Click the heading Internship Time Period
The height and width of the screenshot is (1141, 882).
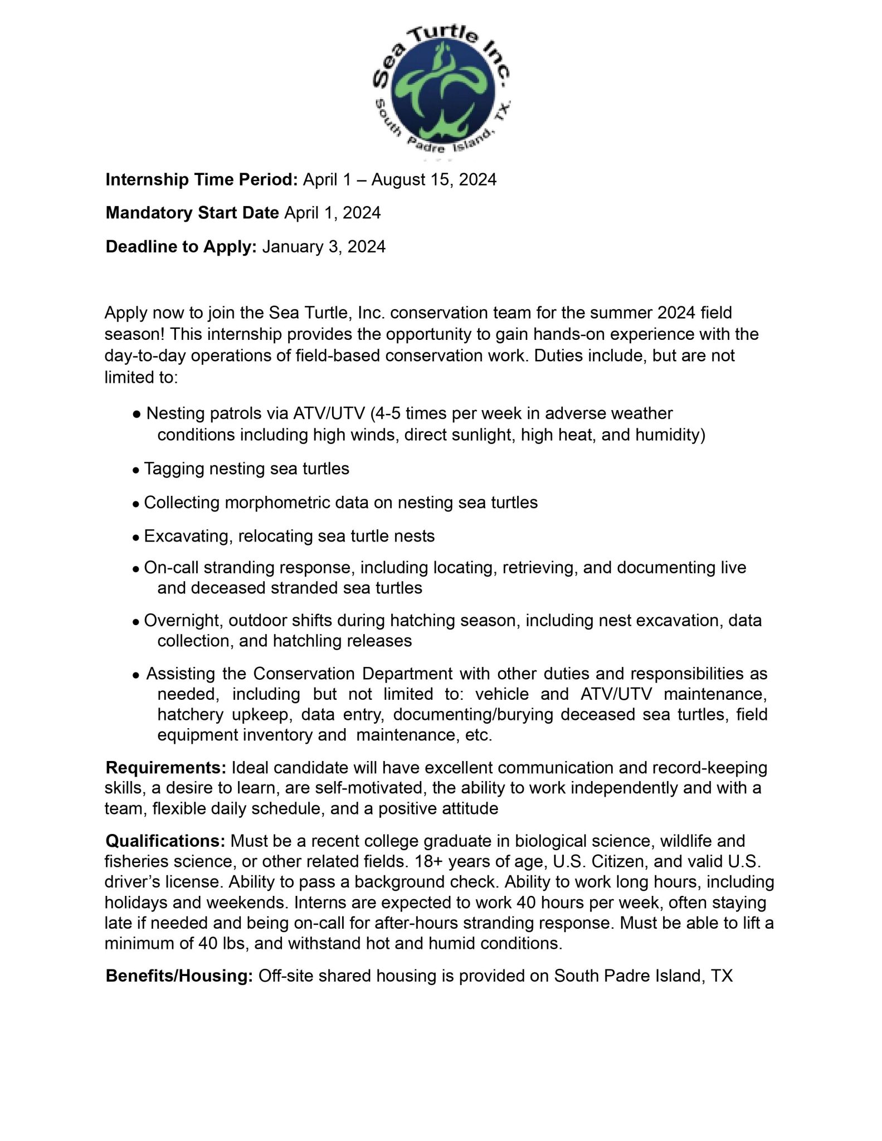click(202, 180)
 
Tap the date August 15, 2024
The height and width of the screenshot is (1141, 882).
click(433, 180)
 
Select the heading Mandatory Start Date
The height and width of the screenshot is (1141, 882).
click(192, 213)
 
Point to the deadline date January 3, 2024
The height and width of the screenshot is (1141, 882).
click(324, 246)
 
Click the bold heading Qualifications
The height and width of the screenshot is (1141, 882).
click(165, 841)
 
